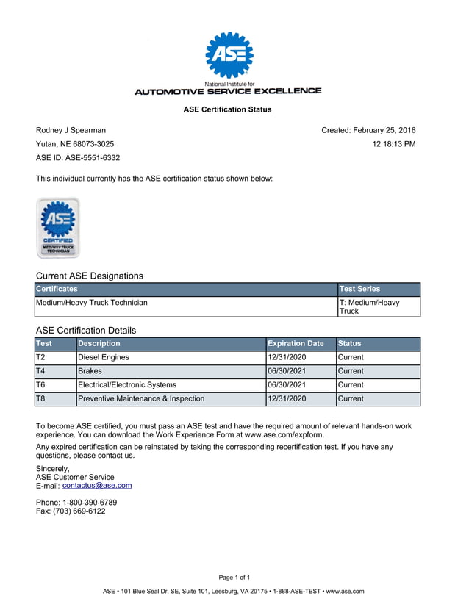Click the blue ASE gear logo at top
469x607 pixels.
pos(229,55)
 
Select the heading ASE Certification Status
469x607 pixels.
pos(227,109)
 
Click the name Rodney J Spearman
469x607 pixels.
pos(71,130)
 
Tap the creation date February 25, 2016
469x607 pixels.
pos(384,130)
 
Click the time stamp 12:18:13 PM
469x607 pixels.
pos(394,144)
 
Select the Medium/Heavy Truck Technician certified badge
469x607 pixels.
pos(58,228)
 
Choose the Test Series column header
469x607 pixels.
pos(359,290)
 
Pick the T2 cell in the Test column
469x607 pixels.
pos(41,357)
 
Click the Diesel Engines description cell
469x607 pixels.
pos(104,357)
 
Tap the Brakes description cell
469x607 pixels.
pos(90,371)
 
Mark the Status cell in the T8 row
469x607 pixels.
pos(351,399)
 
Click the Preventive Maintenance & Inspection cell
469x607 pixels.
pos(141,399)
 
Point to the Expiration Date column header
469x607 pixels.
pos(296,343)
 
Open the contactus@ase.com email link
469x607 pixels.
pos(97,486)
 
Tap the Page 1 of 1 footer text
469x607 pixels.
pos(234,578)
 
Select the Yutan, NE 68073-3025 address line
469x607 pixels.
pos(75,144)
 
